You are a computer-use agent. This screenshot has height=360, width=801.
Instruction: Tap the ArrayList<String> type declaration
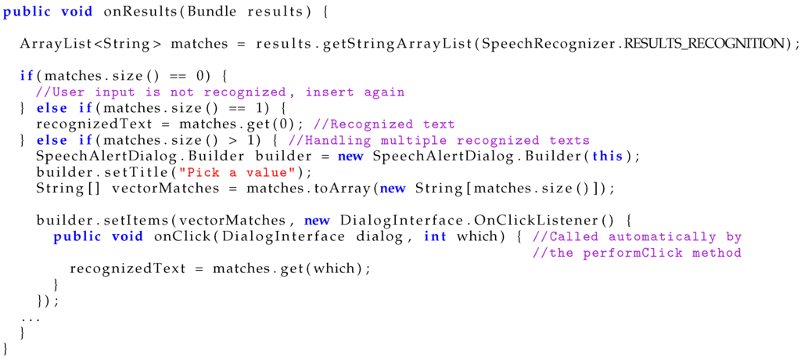tap(91, 43)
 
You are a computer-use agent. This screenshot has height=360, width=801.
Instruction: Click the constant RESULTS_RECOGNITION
tap(709, 43)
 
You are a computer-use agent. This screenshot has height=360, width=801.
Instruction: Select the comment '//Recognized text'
tap(383, 124)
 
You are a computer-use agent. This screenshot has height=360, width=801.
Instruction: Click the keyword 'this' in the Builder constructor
tap(607, 156)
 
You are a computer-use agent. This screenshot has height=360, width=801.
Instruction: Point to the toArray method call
tap(344, 189)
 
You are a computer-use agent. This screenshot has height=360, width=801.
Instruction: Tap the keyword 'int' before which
tap(435, 236)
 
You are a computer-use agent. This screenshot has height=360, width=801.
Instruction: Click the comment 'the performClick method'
tap(637, 253)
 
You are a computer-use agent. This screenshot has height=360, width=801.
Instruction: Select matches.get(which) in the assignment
tap(290, 268)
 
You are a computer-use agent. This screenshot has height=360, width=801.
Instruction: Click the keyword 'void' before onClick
tap(121, 236)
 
